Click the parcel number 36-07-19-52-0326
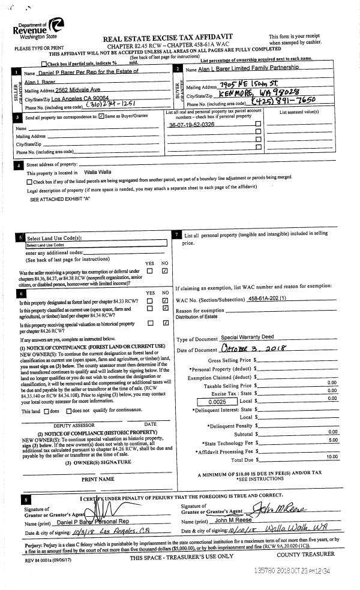(x=192, y=124)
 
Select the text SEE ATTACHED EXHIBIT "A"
(x=59, y=198)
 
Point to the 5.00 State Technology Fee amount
(x=332, y=440)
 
